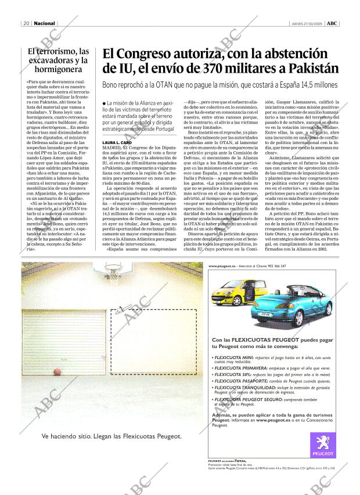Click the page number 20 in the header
click(x=27, y=24)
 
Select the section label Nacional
click(x=45, y=24)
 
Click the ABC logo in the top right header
click(x=332, y=24)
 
